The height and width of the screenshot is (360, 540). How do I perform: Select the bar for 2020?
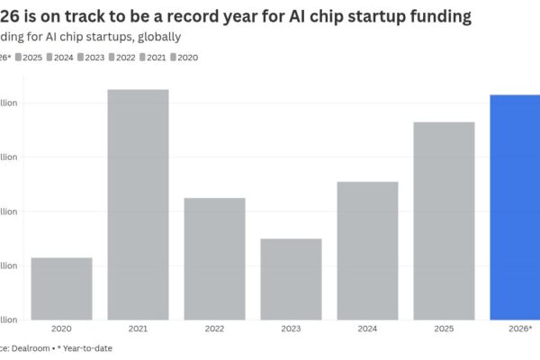61,288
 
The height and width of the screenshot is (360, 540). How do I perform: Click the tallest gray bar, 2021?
138,204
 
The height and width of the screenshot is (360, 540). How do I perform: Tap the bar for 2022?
214,258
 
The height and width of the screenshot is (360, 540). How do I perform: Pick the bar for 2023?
291,278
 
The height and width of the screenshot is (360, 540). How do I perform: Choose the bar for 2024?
367,250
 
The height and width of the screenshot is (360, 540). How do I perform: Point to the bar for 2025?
444,220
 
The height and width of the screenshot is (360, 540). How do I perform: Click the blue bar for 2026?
516,207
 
